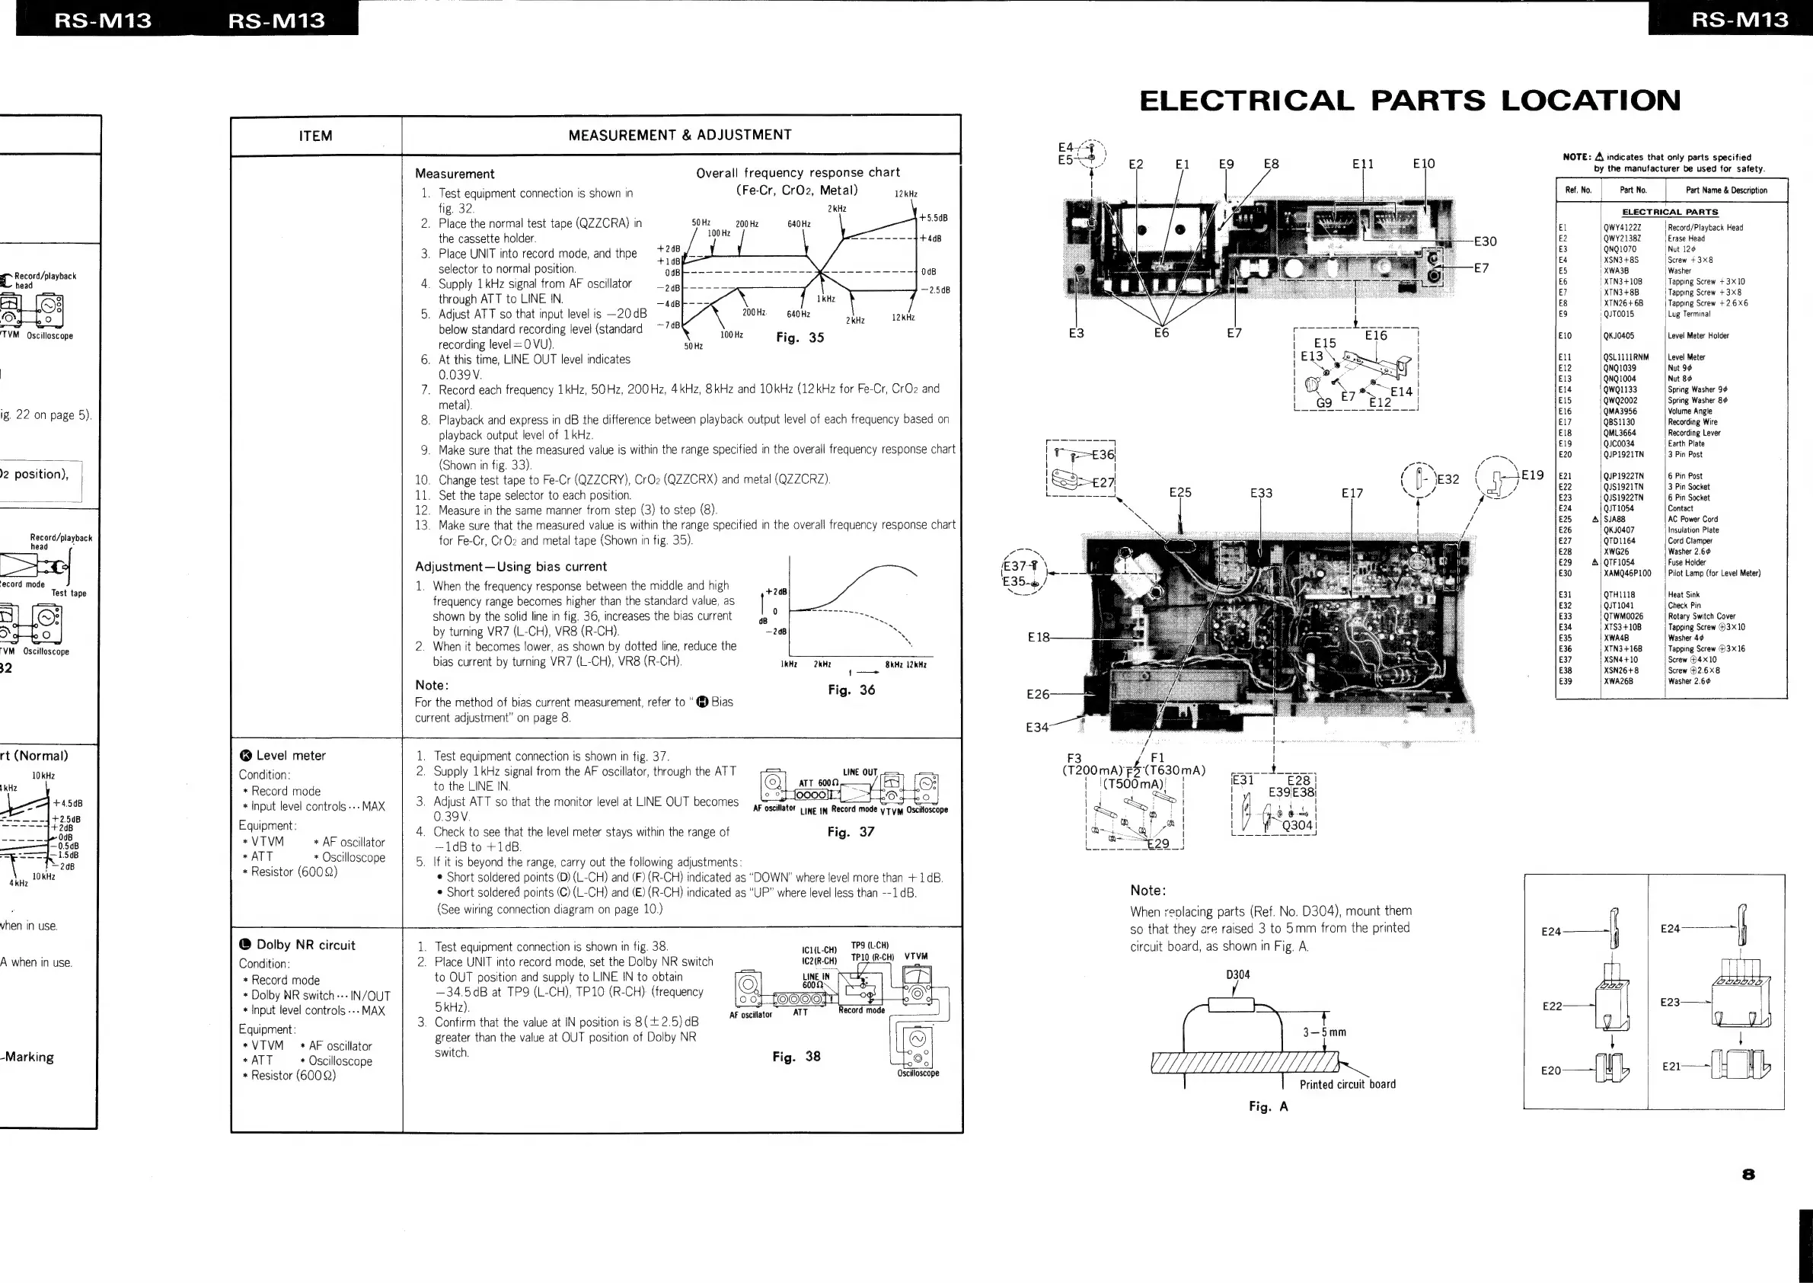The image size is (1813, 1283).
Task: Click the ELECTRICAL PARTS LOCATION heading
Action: click(x=1409, y=101)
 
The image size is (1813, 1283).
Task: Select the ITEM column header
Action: click(x=315, y=136)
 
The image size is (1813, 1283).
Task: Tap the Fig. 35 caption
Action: click(x=800, y=338)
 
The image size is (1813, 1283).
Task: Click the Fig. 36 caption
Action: click(x=851, y=689)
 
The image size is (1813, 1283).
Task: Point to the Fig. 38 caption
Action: click(x=796, y=1056)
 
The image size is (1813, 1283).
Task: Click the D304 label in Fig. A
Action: click(x=1237, y=974)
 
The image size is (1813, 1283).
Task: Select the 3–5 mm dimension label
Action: click(x=1324, y=1032)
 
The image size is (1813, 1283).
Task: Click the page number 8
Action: click(x=1748, y=1174)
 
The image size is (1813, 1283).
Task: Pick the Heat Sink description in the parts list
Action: click(x=1684, y=595)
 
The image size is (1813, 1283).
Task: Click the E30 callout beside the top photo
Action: click(x=1485, y=242)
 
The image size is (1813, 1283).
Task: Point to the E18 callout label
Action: click(x=1039, y=637)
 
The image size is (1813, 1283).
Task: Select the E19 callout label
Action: click(x=1532, y=475)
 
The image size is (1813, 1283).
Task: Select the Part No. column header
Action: click(x=1633, y=190)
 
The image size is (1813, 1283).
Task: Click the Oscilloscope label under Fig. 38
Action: click(x=918, y=1073)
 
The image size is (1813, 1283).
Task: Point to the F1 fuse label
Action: click(x=1157, y=757)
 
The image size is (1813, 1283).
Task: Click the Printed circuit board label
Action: click(x=1347, y=1084)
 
